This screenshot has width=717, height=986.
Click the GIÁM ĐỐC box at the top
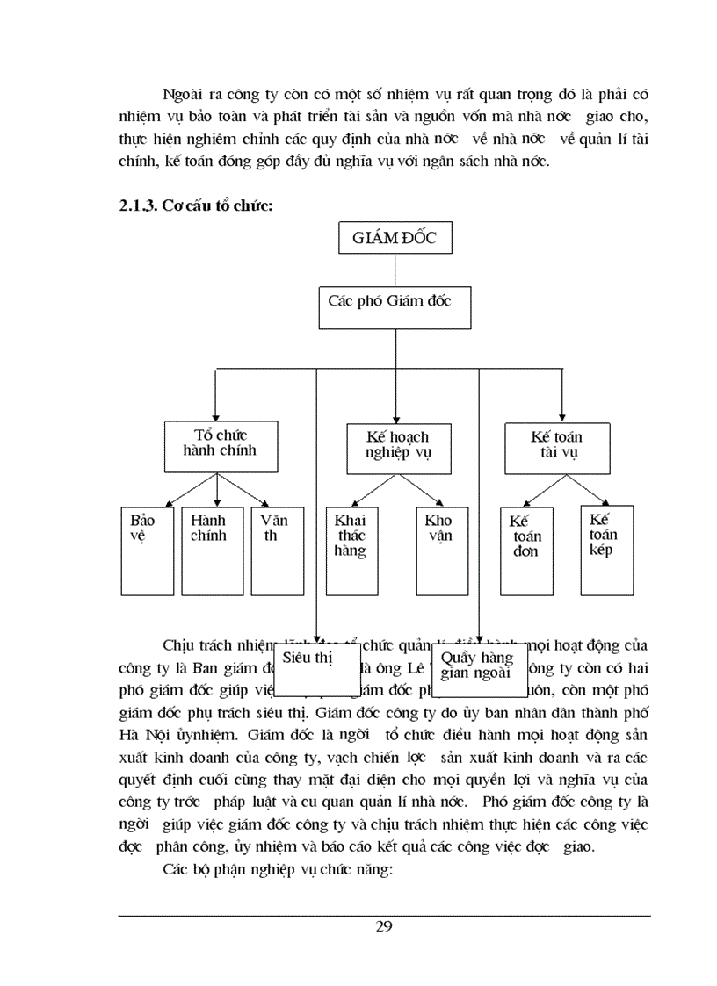tap(395, 240)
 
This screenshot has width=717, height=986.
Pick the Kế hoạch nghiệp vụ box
tap(397, 445)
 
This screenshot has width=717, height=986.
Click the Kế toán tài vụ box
tap(556, 445)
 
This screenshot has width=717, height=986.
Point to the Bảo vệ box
tap(146, 548)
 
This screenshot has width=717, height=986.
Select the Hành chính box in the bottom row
tap(207, 548)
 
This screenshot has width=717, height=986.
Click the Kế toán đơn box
tap(526, 550)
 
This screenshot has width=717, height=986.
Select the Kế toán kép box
tap(607, 550)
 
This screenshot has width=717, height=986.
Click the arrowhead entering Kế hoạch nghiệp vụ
tap(396, 417)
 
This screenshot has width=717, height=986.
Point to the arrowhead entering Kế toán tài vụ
tap(561, 417)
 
